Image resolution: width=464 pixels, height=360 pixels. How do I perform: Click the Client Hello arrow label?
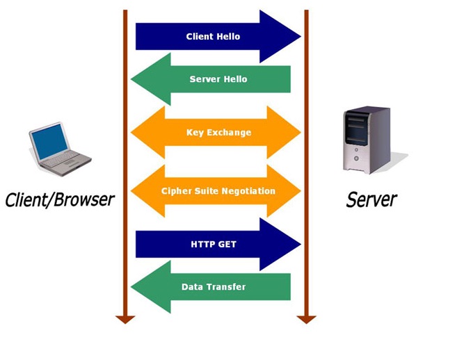[213, 36]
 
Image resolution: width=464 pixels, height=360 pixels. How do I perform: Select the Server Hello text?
[218, 79]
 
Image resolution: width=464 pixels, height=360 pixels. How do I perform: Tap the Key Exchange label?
[218, 132]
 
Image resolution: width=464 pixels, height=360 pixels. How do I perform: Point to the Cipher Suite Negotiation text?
[218, 191]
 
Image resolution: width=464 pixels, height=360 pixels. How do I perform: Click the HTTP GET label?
[213, 245]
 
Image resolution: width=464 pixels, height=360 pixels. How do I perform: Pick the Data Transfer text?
[213, 286]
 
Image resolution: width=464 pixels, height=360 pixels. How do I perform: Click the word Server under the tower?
[371, 200]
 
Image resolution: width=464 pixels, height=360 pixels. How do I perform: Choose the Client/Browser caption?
[59, 200]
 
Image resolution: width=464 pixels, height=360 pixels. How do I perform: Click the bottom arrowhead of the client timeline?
[125, 319]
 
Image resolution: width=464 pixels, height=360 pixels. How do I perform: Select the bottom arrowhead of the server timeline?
[306, 319]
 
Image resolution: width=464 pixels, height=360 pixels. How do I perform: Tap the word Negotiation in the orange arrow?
[248, 191]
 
